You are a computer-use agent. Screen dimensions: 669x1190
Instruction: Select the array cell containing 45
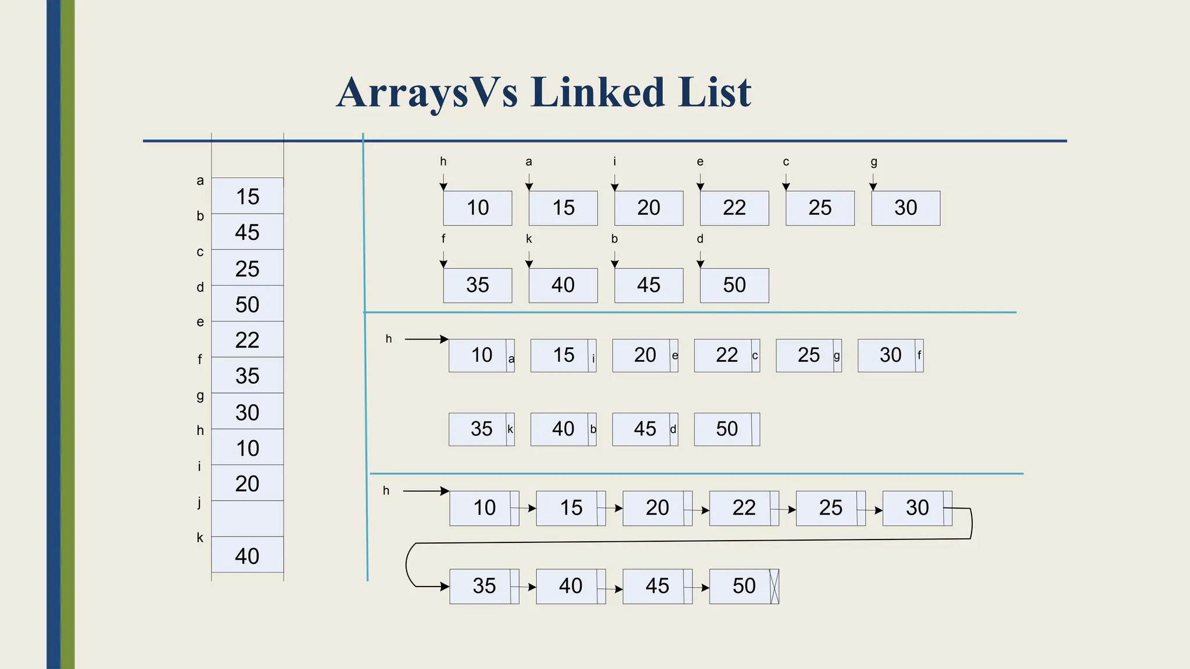pos(247,232)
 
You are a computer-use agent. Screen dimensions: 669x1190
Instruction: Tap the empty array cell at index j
pos(247,519)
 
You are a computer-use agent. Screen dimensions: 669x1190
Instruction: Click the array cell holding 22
pos(247,340)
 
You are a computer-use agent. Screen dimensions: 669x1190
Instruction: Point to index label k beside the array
pos(200,538)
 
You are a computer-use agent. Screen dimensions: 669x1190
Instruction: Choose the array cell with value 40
pos(247,556)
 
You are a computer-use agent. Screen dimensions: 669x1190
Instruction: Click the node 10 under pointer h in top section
pos(477,208)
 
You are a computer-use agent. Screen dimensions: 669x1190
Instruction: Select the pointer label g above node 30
pos(873,162)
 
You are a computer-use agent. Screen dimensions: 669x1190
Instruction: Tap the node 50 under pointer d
pos(734,285)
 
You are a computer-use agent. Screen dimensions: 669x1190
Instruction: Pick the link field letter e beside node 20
pos(675,355)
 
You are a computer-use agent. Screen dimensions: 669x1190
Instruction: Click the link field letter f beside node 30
pos(919,355)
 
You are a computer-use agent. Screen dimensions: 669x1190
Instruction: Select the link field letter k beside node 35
pos(510,429)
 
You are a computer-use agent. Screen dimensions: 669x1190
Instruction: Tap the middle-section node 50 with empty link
pos(726,429)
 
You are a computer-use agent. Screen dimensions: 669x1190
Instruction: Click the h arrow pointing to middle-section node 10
pos(426,339)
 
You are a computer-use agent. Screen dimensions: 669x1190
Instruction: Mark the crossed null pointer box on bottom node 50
pos(774,587)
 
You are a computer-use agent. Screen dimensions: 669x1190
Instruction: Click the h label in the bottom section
pos(386,491)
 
